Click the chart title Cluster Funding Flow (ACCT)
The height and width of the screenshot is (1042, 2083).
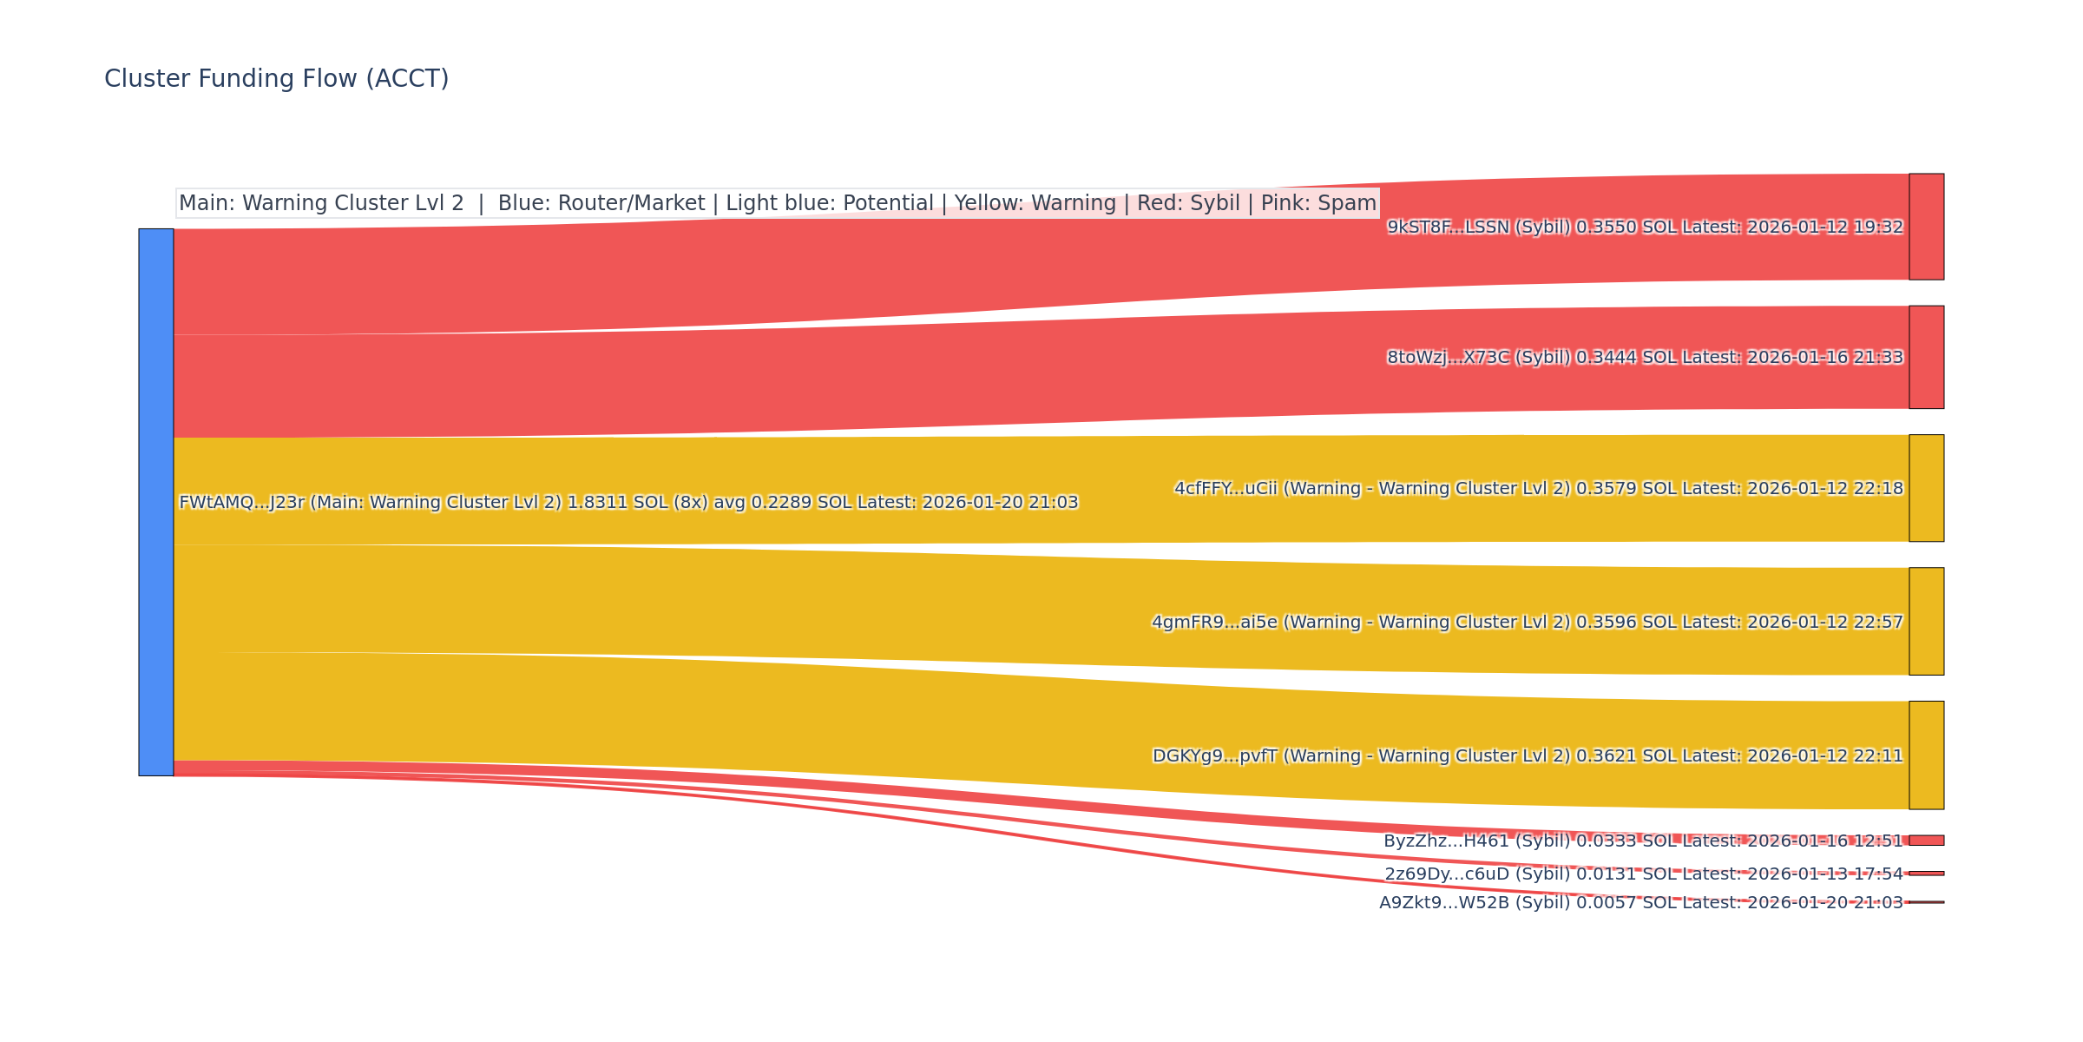click(x=276, y=79)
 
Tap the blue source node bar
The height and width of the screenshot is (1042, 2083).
click(x=156, y=502)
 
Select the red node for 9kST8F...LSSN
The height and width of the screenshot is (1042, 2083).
click(x=1926, y=227)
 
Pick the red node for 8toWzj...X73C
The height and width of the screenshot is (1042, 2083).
click(x=1926, y=357)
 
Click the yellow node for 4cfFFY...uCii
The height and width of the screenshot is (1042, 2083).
click(x=1926, y=488)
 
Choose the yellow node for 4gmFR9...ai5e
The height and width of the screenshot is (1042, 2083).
click(x=1926, y=622)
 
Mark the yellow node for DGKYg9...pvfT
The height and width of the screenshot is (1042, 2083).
click(x=1926, y=755)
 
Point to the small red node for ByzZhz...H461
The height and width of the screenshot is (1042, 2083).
click(x=1926, y=841)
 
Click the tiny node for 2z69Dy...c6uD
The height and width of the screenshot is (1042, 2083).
click(x=1926, y=874)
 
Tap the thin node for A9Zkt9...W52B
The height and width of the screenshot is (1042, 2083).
click(x=1926, y=902)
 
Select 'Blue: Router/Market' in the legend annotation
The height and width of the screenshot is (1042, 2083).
click(x=601, y=203)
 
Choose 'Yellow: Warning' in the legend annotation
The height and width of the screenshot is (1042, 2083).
click(x=1035, y=203)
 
